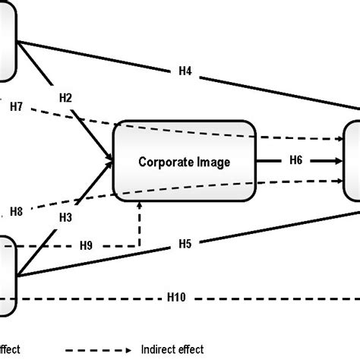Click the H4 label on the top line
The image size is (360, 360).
click(185, 71)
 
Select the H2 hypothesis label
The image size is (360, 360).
click(66, 97)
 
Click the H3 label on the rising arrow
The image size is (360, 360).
click(66, 217)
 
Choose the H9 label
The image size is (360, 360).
click(87, 245)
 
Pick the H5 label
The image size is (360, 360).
click(185, 244)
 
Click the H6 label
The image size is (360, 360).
click(295, 160)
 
